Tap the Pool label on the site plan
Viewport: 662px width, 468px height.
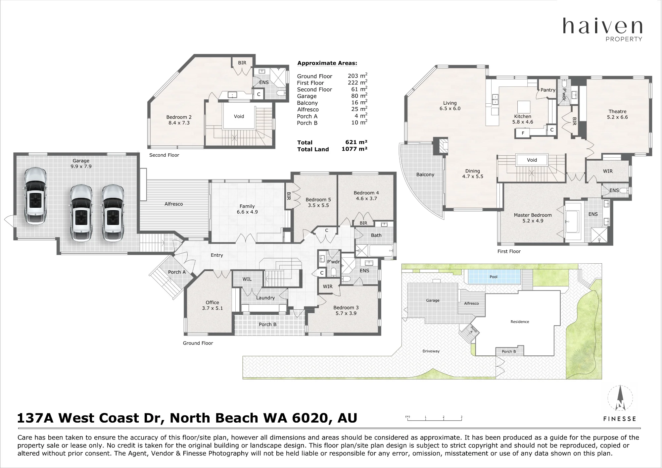click(x=493, y=277)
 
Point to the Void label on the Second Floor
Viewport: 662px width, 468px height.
click(x=239, y=116)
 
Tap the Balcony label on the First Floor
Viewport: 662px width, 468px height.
click(x=425, y=175)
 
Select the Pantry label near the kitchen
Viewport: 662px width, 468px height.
click(x=548, y=90)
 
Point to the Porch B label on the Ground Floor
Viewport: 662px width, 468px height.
click(x=267, y=325)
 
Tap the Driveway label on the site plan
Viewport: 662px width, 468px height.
click(x=431, y=351)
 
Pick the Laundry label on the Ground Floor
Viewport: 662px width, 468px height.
click(x=265, y=298)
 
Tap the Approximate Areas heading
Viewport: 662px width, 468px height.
click(x=327, y=63)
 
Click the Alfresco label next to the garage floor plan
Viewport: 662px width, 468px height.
click(x=173, y=204)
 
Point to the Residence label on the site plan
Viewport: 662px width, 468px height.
click(x=520, y=322)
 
